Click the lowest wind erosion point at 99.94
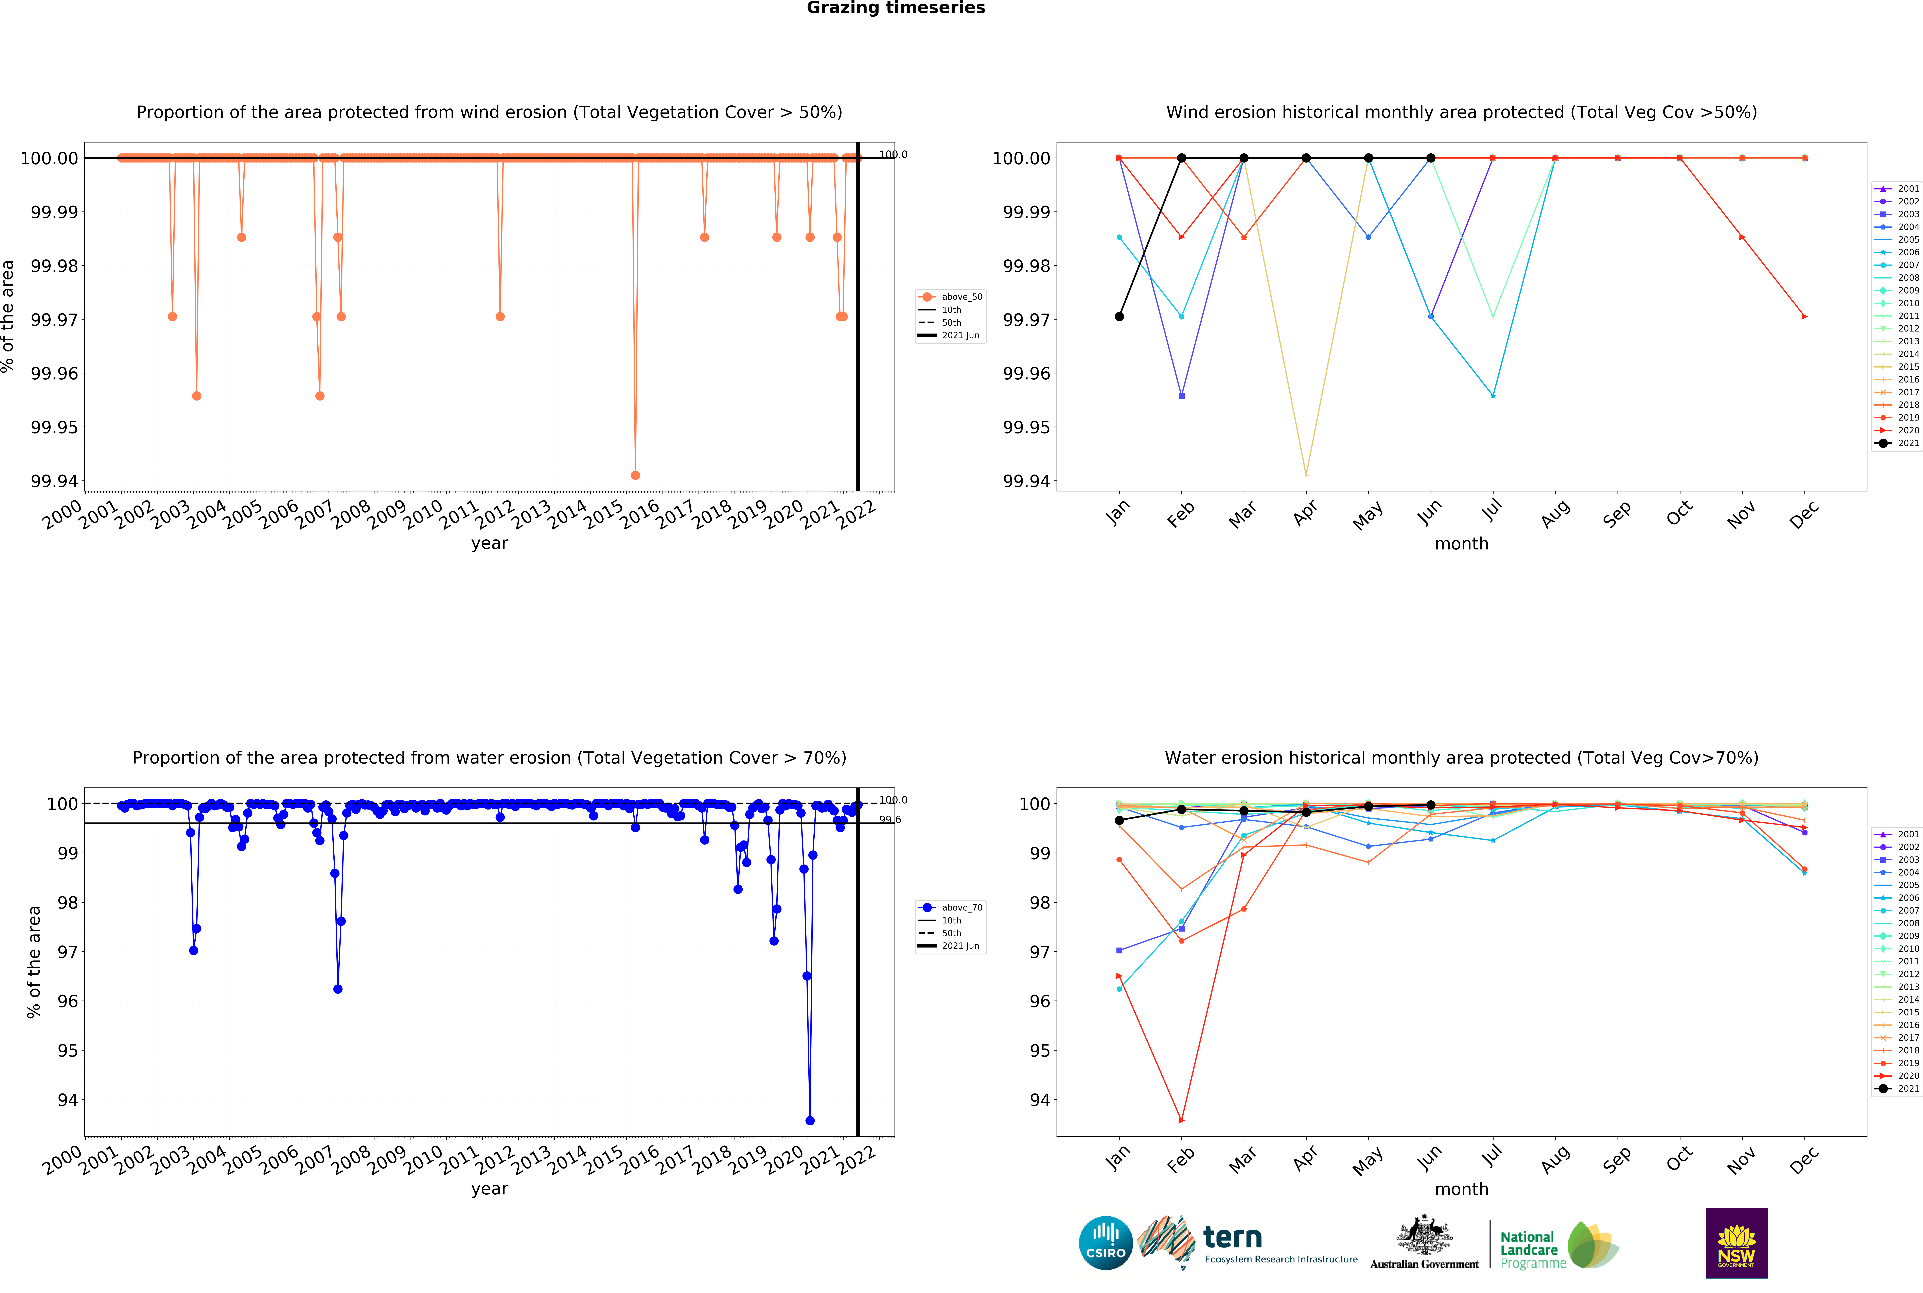(x=635, y=475)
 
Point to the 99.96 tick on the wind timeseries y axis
(x=54, y=374)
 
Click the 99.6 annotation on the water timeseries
(x=889, y=820)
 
